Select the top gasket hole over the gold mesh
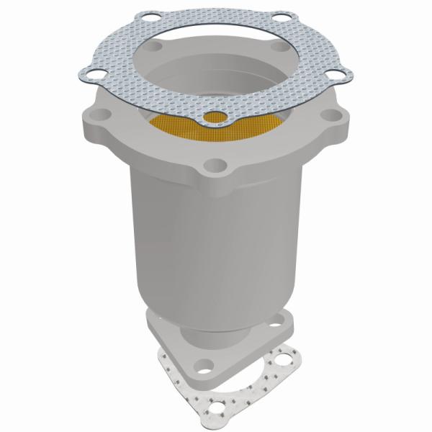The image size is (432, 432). click(214, 117)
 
